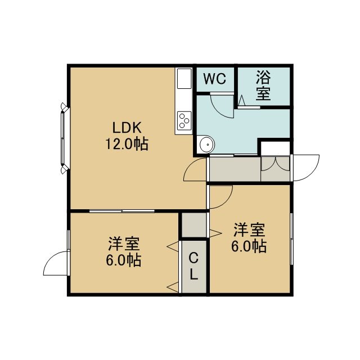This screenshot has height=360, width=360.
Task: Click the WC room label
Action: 215,79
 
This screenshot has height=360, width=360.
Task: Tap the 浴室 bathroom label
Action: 263,85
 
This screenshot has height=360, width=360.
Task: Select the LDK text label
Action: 127,128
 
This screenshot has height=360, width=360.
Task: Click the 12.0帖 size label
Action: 127,144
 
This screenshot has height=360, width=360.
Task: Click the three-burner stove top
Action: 184,120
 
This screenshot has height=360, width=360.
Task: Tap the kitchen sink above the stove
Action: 184,78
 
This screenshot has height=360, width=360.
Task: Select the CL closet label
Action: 193,266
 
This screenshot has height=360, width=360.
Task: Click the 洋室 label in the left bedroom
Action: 124,244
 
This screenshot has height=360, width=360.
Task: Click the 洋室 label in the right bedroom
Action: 249,229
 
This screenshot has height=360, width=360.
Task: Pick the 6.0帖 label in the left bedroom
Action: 123,260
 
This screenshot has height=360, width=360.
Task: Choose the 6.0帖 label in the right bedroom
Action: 249,246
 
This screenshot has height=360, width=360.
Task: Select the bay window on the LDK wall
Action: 64,138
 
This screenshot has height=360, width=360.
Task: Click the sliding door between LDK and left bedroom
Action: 121,211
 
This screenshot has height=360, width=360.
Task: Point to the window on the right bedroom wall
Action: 291,238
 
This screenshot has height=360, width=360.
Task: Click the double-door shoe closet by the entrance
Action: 275,169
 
